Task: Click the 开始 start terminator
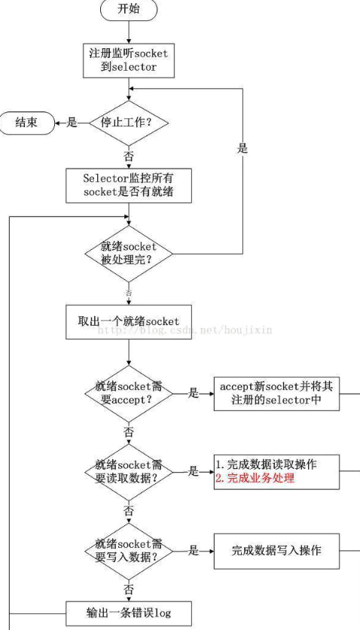tap(129, 9)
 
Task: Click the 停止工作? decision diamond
tap(129, 123)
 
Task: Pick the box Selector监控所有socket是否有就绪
tap(129, 185)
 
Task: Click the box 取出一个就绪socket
tap(129, 321)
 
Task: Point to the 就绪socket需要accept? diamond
tap(129, 392)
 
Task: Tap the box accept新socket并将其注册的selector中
tap(276, 392)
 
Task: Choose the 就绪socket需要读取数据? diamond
tap(129, 471)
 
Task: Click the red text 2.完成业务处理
tap(255, 478)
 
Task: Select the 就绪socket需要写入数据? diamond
tap(129, 550)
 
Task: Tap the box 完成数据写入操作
tap(276, 550)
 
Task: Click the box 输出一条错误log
tap(129, 610)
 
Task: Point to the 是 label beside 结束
tap(72, 123)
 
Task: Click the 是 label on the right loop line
tap(242, 148)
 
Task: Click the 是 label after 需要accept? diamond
tap(193, 392)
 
